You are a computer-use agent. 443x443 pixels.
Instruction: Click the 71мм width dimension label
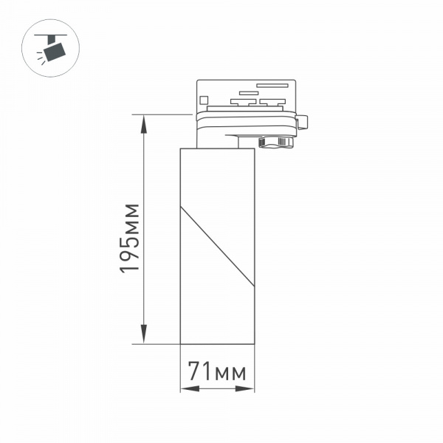pos(217,371)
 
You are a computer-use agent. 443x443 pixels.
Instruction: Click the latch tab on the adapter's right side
pos(303,120)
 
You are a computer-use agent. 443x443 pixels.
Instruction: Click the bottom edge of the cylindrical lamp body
pos(217,343)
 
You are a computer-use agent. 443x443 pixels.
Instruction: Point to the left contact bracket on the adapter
pos(240,101)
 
